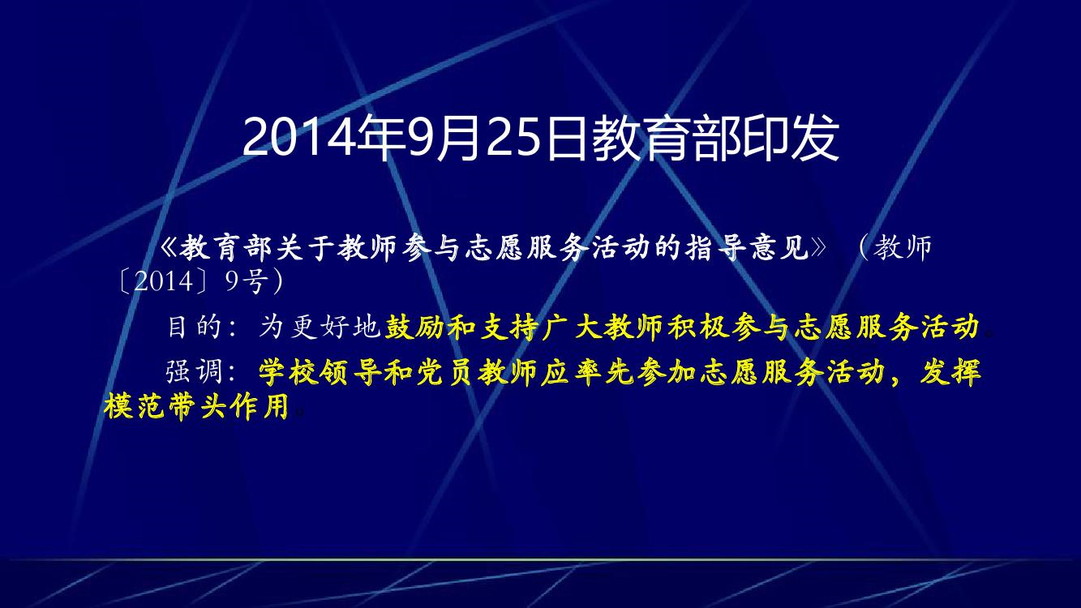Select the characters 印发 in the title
tap(792, 138)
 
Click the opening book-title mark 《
tap(169, 248)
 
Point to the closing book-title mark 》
tap(819, 248)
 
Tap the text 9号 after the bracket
tap(245, 281)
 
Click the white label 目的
tap(194, 327)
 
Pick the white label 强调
tap(194, 372)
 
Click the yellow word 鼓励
tap(414, 327)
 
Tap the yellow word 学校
tap(289, 372)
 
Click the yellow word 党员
tap(445, 372)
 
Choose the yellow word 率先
tap(603, 372)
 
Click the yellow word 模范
tap(135, 406)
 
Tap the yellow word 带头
tap(198, 406)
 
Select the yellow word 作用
tap(260, 406)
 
